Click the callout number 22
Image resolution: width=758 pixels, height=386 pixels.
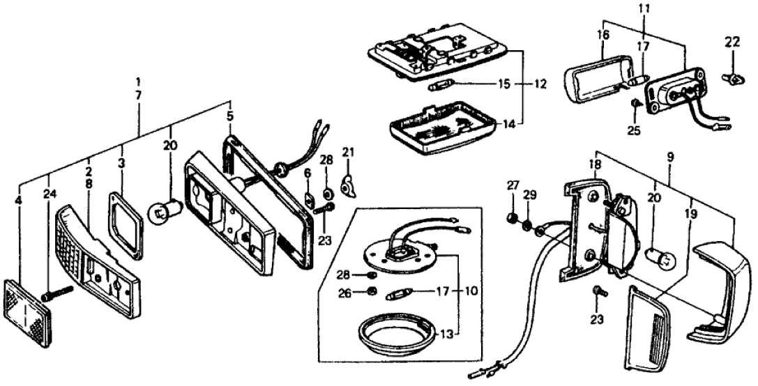click(x=731, y=42)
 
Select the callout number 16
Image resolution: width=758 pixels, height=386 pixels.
click(x=603, y=33)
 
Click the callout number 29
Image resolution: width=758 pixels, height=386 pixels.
click(x=531, y=195)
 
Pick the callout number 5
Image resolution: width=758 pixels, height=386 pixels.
click(x=229, y=115)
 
